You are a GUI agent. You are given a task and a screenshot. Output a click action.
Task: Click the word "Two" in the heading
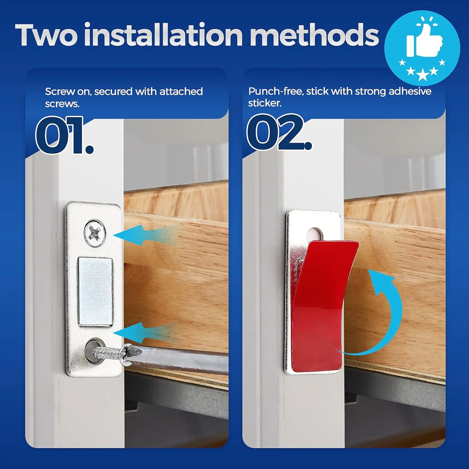pyautogui.click(x=46, y=35)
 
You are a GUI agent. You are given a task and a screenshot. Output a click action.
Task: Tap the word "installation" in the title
pyautogui.click(x=163, y=35)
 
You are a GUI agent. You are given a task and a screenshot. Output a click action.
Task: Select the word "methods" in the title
pyautogui.click(x=314, y=35)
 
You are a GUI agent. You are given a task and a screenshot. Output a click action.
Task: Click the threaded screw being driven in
pyautogui.click(x=109, y=353)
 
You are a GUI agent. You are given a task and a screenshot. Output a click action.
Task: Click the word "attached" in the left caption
pyautogui.click(x=181, y=92)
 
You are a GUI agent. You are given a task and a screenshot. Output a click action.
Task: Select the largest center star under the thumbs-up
pyautogui.click(x=422, y=75)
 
